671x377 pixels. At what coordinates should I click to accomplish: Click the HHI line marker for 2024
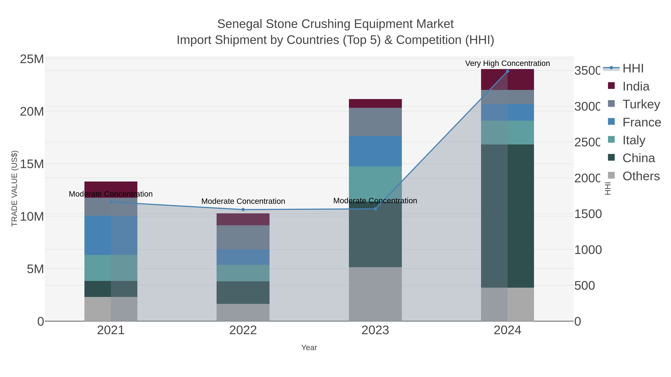click(507, 71)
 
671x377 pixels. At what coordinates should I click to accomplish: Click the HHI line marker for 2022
click(243, 209)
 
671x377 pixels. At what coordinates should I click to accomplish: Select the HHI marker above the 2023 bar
click(375, 209)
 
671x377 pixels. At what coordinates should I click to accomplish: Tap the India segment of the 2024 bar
click(507, 79)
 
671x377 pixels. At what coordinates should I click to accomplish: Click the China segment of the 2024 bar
click(507, 216)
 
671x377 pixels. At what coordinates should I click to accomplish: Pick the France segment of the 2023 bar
click(375, 151)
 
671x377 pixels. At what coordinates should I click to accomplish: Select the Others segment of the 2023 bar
click(375, 294)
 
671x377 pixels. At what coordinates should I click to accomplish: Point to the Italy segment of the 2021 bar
click(111, 268)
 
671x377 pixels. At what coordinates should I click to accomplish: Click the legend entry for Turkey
click(641, 104)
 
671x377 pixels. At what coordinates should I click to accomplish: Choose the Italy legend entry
click(634, 140)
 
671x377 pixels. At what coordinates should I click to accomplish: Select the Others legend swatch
click(611, 175)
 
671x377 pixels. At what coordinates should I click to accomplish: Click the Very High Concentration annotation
click(507, 63)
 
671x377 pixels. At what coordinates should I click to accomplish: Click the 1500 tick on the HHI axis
click(588, 214)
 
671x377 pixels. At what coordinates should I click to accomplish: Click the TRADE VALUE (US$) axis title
click(14, 188)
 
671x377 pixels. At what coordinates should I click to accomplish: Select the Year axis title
click(309, 348)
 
